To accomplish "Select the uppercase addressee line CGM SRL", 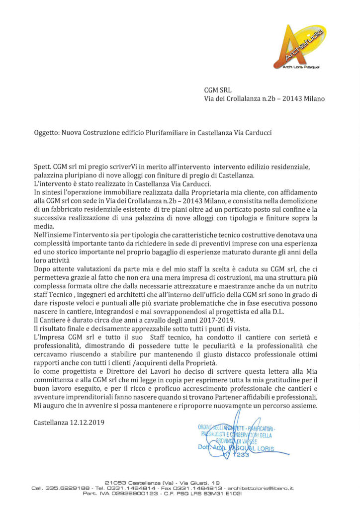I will (x=218, y=90).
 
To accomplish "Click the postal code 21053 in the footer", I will (x=115, y=482).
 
